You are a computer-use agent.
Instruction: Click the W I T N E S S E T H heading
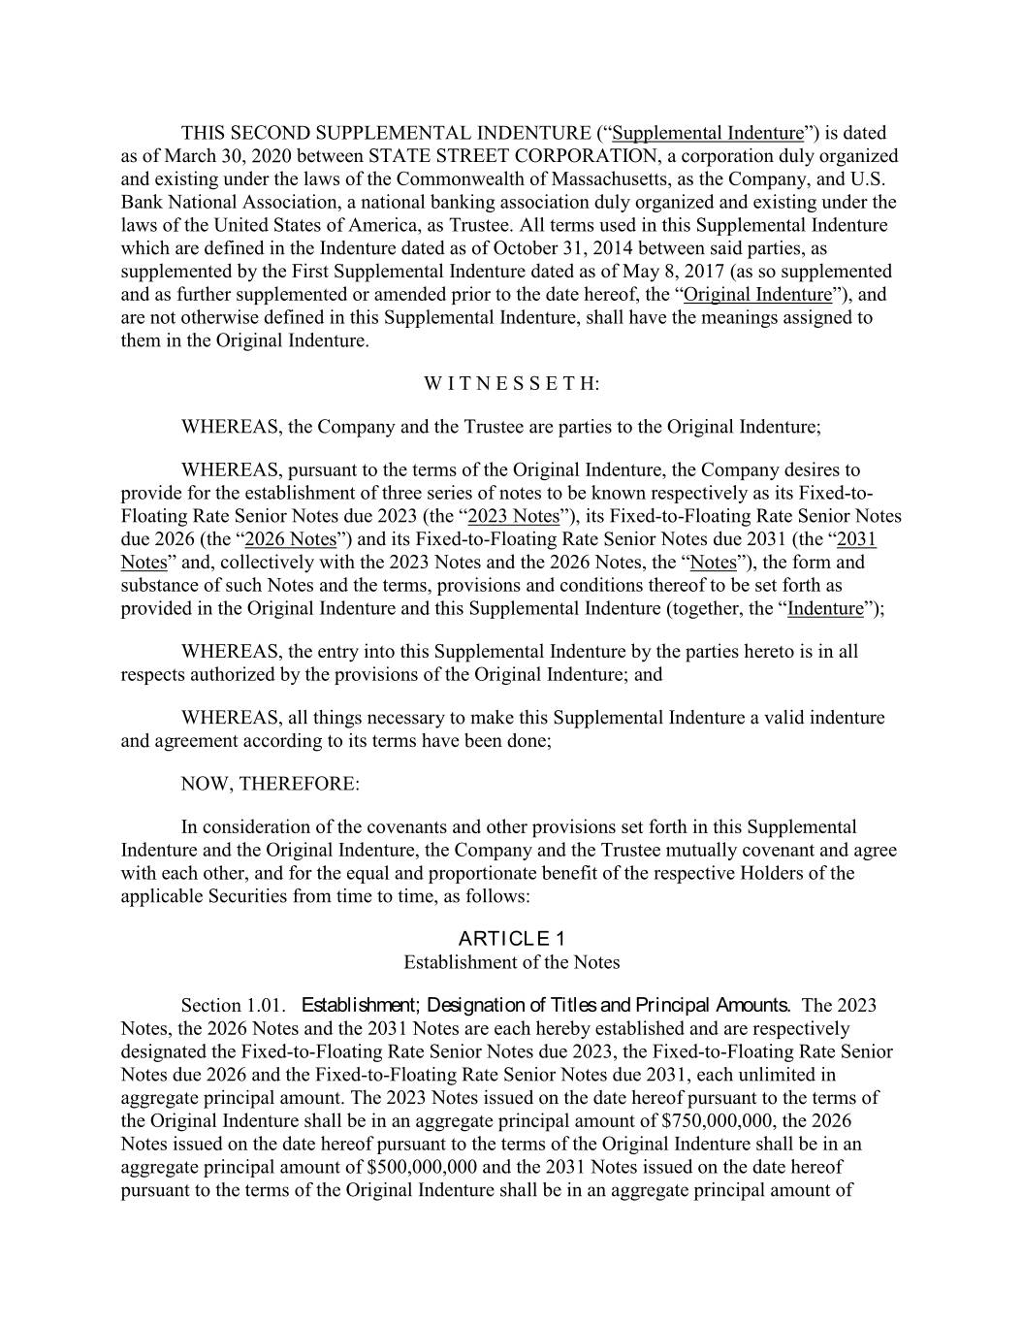[x=511, y=384]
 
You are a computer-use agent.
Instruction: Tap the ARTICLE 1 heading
[x=511, y=938]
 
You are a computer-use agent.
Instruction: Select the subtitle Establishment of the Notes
[x=511, y=962]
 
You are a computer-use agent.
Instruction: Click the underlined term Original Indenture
[x=757, y=295]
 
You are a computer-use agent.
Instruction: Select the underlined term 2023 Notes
[x=513, y=516]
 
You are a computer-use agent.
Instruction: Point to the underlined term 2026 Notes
[x=290, y=539]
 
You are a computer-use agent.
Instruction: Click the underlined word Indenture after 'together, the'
[x=825, y=609]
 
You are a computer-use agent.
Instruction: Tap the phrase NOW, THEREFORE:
[x=270, y=784]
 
